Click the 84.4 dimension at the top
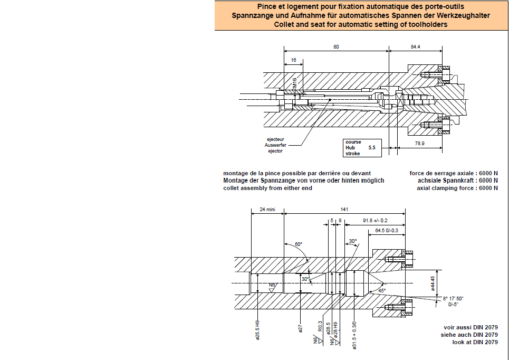click(x=415, y=47)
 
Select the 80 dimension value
click(x=336, y=47)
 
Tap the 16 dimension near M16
click(x=293, y=60)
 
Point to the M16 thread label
click(x=294, y=83)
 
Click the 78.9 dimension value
click(x=419, y=143)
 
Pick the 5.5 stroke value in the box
click(x=372, y=147)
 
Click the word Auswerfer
click(x=275, y=145)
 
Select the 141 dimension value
click(x=344, y=209)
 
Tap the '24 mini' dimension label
click(x=267, y=209)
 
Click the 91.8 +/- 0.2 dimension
click(x=375, y=221)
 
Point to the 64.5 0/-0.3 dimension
click(x=386, y=230)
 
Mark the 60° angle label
click(x=299, y=244)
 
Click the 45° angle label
click(x=382, y=290)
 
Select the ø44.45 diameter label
click(x=433, y=283)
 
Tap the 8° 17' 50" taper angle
click(x=453, y=298)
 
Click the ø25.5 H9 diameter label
click(x=257, y=330)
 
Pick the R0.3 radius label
click(x=320, y=326)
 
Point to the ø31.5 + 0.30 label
click(x=354, y=335)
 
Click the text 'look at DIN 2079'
click(x=475, y=342)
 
